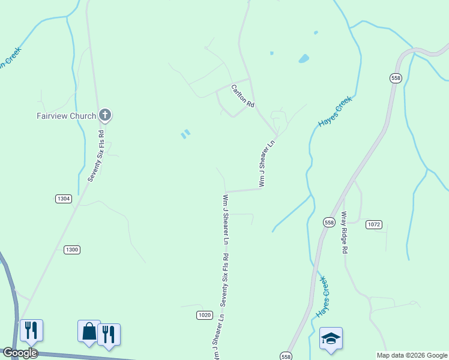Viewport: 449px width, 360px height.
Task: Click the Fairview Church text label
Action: pyautogui.click(x=65, y=116)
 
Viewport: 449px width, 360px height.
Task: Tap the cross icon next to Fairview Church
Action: pyautogui.click(x=105, y=115)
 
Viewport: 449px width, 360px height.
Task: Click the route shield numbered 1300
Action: pyautogui.click(x=71, y=250)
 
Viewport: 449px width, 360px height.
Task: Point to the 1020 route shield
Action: pyautogui.click(x=205, y=315)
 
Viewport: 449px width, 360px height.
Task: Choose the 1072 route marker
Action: pyautogui.click(x=373, y=224)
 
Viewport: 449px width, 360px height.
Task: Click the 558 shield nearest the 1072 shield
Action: pyautogui.click(x=329, y=221)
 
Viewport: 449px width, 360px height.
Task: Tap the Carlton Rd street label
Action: pyautogui.click(x=243, y=96)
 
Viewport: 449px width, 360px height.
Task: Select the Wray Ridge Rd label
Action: pyautogui.click(x=345, y=232)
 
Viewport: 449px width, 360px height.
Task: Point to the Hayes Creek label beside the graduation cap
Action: pyautogui.click(x=323, y=296)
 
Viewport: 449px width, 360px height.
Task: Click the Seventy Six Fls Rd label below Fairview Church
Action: pyautogui.click(x=96, y=156)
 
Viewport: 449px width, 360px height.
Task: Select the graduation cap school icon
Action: pyautogui.click(x=331, y=338)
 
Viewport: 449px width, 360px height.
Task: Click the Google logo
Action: pyautogui.click(x=20, y=353)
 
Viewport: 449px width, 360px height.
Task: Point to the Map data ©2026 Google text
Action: pyautogui.click(x=412, y=355)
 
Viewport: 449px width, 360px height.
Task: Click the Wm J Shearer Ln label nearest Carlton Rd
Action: pyautogui.click(x=267, y=163)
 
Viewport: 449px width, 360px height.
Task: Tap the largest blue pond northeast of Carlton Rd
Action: pyautogui.click(x=304, y=59)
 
